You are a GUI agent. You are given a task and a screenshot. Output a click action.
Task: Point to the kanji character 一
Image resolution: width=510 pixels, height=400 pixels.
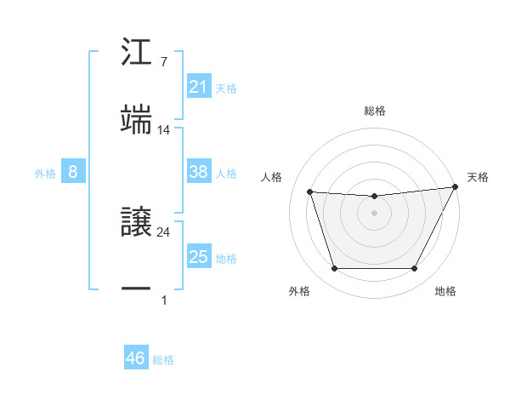click(x=137, y=289)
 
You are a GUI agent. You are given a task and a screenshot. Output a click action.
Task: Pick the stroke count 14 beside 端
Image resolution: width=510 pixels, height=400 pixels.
click(x=164, y=130)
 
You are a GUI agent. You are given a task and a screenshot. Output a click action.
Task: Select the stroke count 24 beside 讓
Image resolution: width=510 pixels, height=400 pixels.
click(x=164, y=231)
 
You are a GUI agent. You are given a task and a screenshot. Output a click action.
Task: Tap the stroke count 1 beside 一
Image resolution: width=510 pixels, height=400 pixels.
click(x=164, y=300)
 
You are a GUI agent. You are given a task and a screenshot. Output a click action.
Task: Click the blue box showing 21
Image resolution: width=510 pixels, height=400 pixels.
click(x=198, y=87)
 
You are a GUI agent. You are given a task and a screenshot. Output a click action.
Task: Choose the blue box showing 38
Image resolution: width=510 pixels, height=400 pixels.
click(x=198, y=172)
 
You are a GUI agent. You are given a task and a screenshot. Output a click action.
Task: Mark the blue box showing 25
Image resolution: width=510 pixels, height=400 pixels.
click(x=198, y=257)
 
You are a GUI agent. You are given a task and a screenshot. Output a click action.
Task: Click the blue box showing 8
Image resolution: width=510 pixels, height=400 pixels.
click(x=72, y=173)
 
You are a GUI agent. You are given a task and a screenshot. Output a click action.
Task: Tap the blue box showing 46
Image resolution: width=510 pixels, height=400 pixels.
click(x=135, y=358)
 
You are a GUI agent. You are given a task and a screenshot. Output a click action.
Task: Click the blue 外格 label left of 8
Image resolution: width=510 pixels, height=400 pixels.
click(x=44, y=174)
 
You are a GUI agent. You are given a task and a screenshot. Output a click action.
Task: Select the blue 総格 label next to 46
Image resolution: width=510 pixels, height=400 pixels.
click(x=163, y=360)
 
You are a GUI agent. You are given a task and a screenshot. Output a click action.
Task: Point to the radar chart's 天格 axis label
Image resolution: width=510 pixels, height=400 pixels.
click(x=478, y=177)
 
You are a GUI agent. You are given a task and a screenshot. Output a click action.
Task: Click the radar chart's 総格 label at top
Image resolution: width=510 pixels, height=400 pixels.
click(x=374, y=111)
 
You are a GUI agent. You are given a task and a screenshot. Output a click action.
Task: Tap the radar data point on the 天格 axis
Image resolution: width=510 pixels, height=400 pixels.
click(x=456, y=187)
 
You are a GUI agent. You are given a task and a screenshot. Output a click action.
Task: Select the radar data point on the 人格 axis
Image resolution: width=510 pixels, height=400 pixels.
click(x=310, y=192)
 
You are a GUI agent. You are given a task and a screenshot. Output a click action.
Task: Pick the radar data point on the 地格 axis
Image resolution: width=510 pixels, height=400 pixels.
click(x=414, y=269)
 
